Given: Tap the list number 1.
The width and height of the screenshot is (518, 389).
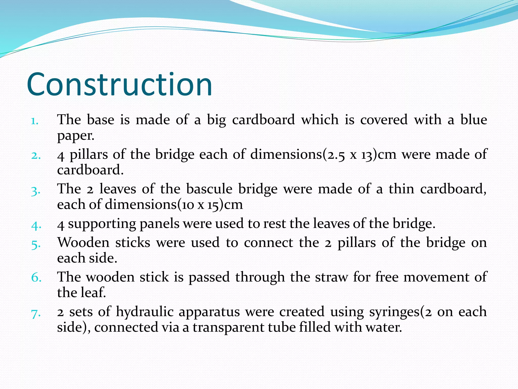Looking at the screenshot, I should (x=35, y=121).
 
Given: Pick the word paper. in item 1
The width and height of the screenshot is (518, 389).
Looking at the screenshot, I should (x=76, y=136).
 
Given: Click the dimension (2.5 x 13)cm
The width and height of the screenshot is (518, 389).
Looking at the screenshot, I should (x=359, y=154).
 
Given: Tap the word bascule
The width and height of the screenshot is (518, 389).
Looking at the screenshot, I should (x=209, y=189).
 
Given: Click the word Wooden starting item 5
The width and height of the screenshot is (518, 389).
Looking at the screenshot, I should (x=83, y=243).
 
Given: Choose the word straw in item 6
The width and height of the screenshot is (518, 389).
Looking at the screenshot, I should (x=331, y=277).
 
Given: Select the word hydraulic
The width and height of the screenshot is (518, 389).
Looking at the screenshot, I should (x=144, y=312).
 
